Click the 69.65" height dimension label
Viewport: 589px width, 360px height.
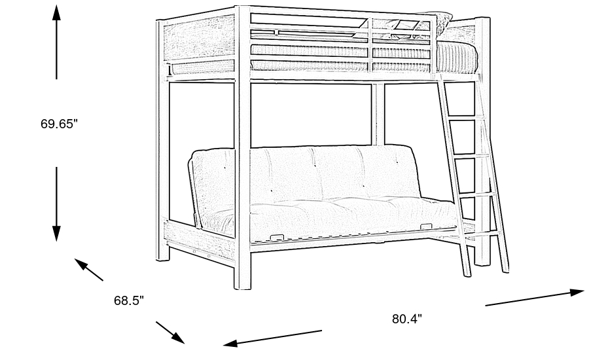(59, 123)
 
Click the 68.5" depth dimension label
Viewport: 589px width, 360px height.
(128, 300)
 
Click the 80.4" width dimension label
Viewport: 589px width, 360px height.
(406, 319)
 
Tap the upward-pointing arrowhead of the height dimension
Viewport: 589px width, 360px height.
(57, 13)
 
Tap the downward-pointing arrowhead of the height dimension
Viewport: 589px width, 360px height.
(57, 232)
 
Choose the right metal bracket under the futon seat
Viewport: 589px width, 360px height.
(427, 226)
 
